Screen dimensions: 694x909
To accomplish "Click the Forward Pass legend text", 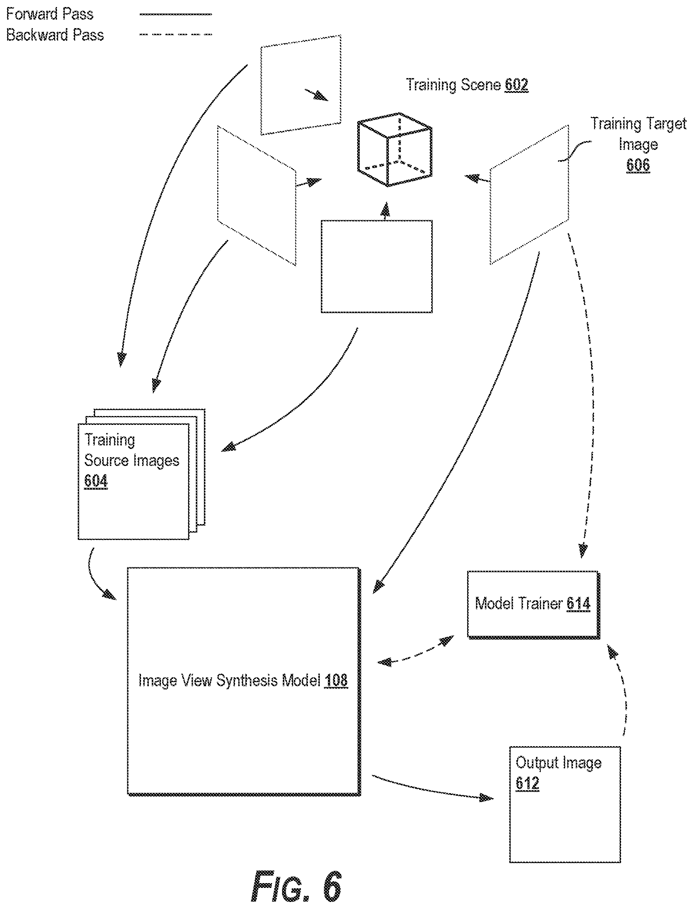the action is tap(50, 14).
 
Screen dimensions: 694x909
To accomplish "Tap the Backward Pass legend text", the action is tap(55, 35).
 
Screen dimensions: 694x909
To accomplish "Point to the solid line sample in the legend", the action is tap(175, 14).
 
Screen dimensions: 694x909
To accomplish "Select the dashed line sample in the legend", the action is tap(175, 34).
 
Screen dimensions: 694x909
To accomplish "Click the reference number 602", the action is tap(516, 85).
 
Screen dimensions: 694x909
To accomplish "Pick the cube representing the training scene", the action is tap(395, 150).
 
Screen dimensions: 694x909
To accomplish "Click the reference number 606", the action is tap(638, 165).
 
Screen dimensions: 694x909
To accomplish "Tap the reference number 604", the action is tap(96, 481).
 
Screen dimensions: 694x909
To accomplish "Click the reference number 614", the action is tap(578, 604).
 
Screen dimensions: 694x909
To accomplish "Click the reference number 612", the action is tap(527, 783).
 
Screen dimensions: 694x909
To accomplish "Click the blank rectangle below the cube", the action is tap(377, 266).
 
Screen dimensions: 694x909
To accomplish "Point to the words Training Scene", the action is tap(453, 85).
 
